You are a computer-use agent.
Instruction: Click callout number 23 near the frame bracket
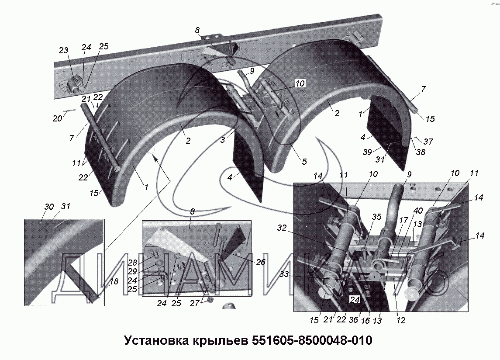coord(64,50)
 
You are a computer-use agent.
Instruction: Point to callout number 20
coord(57,119)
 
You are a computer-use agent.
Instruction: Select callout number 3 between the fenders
coord(223,139)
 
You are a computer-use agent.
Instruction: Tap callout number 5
coord(304,162)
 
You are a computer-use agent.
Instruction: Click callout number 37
coord(428,142)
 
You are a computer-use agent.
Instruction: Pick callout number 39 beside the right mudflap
coord(367,152)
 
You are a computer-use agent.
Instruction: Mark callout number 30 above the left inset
coord(49,207)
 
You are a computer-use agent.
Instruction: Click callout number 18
coord(114,281)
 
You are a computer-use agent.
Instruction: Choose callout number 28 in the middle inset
coord(133,263)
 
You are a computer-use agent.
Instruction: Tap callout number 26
coord(261,262)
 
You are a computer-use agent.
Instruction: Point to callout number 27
coord(194,303)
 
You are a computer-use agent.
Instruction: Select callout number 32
coord(282,228)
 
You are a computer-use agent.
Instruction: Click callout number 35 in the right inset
coord(376,217)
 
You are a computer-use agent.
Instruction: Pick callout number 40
coord(418,211)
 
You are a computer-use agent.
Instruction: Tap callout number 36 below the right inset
coord(353,320)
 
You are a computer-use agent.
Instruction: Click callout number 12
coord(400,320)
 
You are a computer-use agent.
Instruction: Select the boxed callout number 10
coord(300,83)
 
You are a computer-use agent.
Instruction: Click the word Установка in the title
coord(156,340)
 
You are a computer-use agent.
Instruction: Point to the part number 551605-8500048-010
coord(312,340)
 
